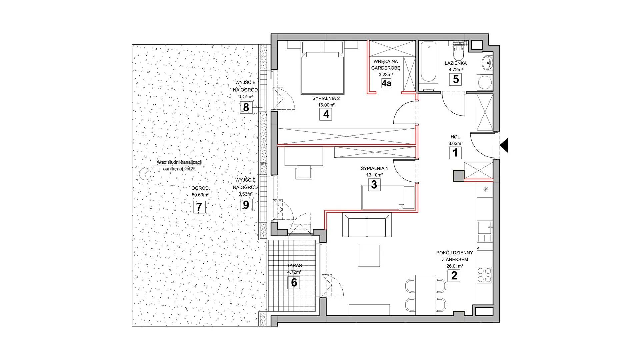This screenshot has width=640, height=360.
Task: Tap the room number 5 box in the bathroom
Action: [x=456, y=79]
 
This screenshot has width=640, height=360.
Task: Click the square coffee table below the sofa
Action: [x=369, y=256]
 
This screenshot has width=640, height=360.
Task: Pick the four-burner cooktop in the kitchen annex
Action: [x=484, y=275]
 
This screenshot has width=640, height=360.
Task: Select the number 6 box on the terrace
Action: [x=294, y=282]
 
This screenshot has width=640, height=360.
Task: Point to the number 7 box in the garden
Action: [x=199, y=207]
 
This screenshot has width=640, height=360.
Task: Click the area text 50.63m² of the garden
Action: [x=200, y=195]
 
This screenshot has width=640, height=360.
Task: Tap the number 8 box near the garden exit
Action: [x=246, y=108]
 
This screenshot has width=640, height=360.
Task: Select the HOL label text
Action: [x=455, y=137]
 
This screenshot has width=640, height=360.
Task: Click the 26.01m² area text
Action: [x=454, y=266]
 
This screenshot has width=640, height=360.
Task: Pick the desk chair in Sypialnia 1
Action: [x=304, y=172]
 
